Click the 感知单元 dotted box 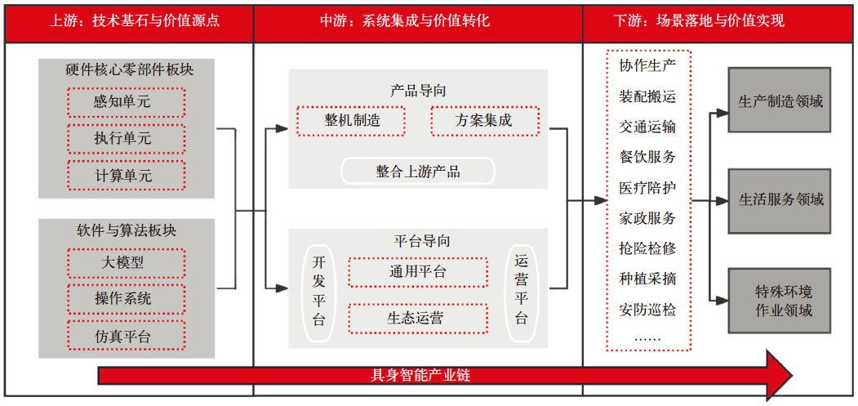pyautogui.click(x=127, y=102)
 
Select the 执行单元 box pyautogui.click(x=127, y=139)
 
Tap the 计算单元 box pyautogui.click(x=127, y=176)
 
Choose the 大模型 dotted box pyautogui.click(x=127, y=263)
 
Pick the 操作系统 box pyautogui.click(x=127, y=299)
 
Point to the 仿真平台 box pyautogui.click(x=127, y=336)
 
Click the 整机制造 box pyautogui.click(x=351, y=121)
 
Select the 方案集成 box pyautogui.click(x=485, y=121)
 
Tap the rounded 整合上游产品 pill pyautogui.click(x=417, y=172)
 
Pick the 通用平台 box pyautogui.click(x=417, y=272)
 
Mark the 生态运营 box pyautogui.click(x=417, y=319)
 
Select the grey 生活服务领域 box pyautogui.click(x=779, y=200)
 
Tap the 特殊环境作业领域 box pyautogui.click(x=779, y=301)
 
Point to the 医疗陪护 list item pyautogui.click(x=647, y=188)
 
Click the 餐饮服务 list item pyautogui.click(x=647, y=157)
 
